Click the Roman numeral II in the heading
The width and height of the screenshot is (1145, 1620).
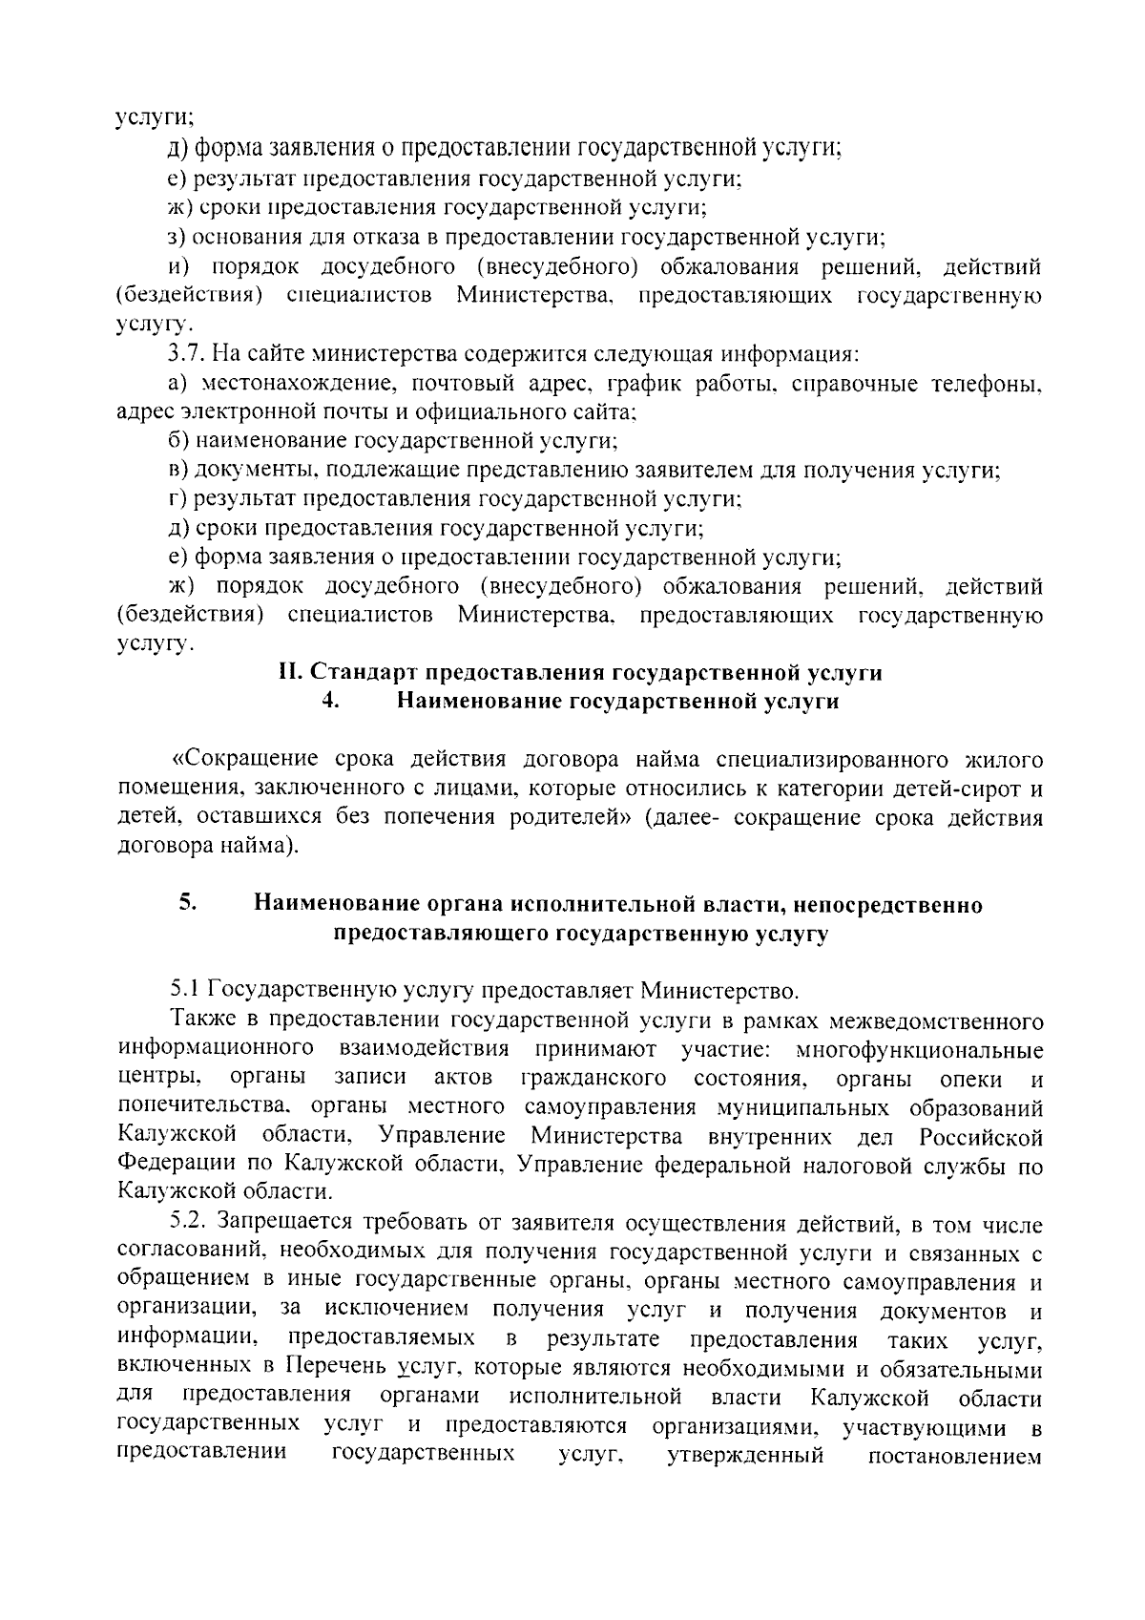point(288,672)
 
